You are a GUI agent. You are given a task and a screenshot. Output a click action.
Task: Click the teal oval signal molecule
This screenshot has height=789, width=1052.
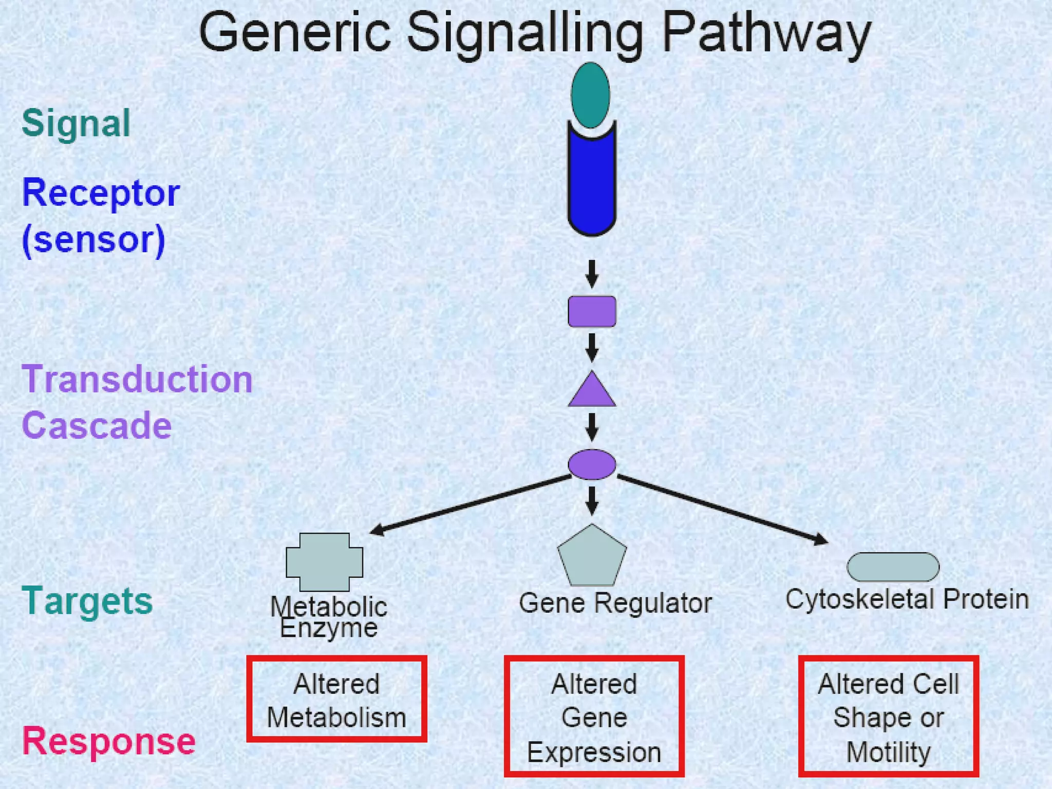coord(591,95)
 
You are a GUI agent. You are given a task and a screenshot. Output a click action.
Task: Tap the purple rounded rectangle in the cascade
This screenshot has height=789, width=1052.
coord(592,311)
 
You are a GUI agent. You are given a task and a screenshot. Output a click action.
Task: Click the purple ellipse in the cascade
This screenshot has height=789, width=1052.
coord(592,464)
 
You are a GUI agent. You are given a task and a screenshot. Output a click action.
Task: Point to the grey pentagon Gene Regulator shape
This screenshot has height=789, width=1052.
coord(592,558)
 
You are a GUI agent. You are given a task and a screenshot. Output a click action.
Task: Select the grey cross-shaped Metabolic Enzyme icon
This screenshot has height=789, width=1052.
coord(324,562)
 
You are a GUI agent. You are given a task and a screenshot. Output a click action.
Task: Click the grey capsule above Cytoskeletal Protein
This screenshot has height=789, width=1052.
coord(893,567)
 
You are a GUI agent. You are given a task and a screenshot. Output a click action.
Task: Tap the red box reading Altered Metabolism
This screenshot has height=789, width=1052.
coord(336,699)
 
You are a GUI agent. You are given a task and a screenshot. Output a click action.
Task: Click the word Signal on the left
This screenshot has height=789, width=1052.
coord(76,123)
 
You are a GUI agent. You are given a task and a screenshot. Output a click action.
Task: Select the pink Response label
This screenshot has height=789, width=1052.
coord(108,741)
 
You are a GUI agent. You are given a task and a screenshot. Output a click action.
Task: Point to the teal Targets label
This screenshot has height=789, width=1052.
coord(87,600)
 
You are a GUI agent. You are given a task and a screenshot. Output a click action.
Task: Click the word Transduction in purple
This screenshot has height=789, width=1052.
coord(137,380)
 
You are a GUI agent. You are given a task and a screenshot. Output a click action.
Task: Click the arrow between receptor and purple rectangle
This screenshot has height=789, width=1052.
coord(592,273)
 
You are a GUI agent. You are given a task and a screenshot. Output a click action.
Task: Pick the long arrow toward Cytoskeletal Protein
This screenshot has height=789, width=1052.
coord(722,509)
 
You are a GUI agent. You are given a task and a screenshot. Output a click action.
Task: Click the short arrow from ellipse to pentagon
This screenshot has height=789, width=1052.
coord(592,500)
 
